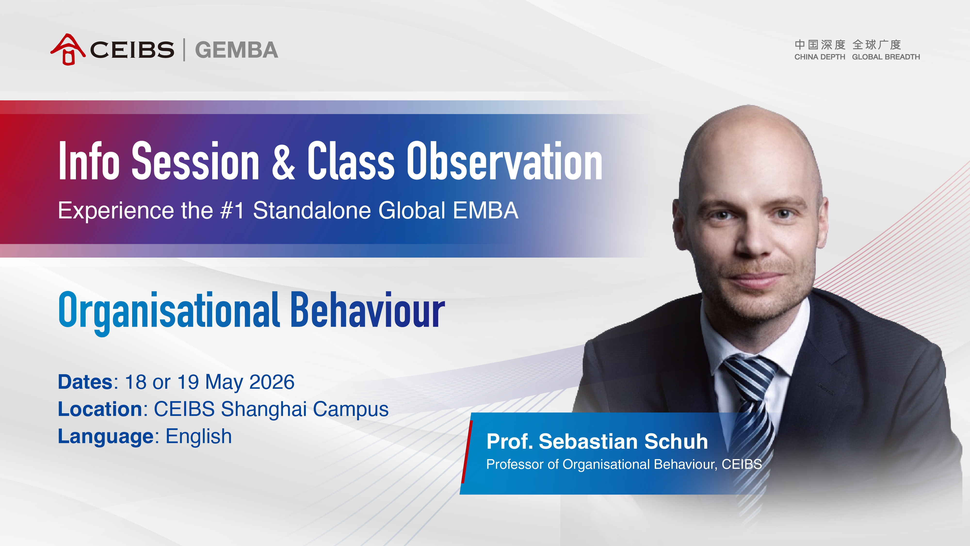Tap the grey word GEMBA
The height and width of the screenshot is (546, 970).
click(x=236, y=50)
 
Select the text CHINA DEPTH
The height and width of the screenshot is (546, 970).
click(x=820, y=57)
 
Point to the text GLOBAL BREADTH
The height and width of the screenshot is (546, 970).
click(x=886, y=57)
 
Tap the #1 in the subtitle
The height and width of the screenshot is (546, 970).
click(x=232, y=210)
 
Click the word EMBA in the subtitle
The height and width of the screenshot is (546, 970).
click(x=485, y=210)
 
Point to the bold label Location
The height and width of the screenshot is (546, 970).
click(x=100, y=409)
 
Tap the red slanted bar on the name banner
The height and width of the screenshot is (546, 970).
click(x=467, y=451)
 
